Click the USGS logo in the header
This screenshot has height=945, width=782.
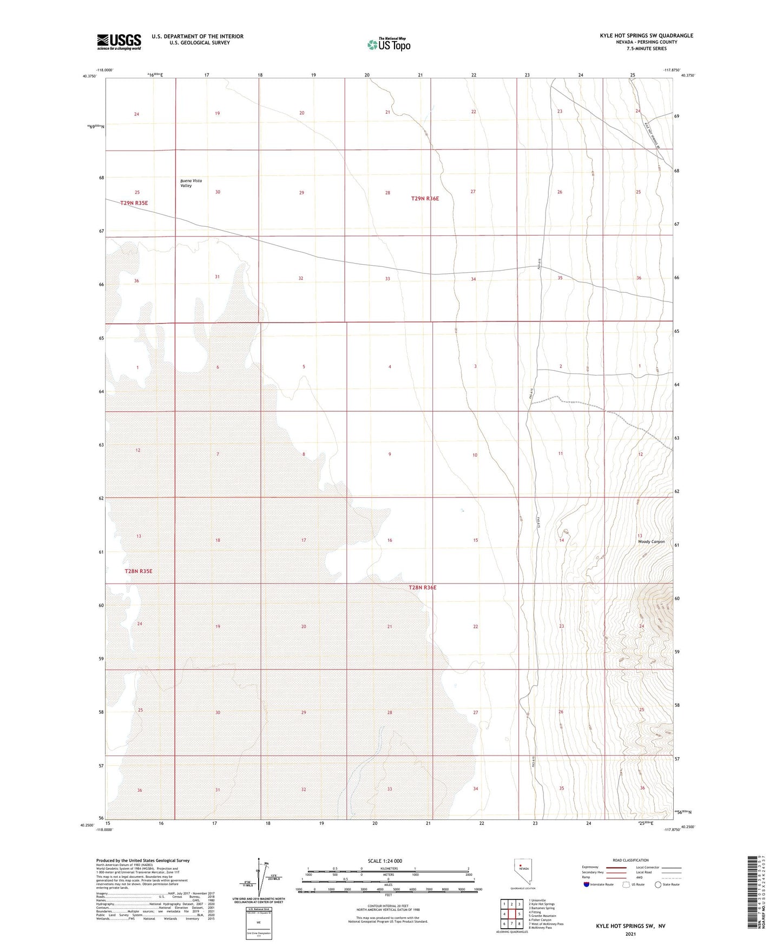click(119, 42)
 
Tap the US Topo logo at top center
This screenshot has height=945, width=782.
click(389, 44)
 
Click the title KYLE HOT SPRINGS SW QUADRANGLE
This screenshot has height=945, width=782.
click(646, 36)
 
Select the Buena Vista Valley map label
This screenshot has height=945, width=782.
click(191, 183)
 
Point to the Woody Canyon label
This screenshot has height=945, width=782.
click(651, 542)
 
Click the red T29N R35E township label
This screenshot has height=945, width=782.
click(134, 203)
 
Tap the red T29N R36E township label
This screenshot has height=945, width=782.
click(425, 199)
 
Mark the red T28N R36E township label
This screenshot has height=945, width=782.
click(422, 587)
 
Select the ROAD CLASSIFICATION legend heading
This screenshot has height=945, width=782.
click(630, 860)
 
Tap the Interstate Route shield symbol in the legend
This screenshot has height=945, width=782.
click(587, 884)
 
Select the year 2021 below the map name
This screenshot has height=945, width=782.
click(630, 934)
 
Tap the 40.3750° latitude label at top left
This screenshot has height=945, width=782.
click(90, 76)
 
